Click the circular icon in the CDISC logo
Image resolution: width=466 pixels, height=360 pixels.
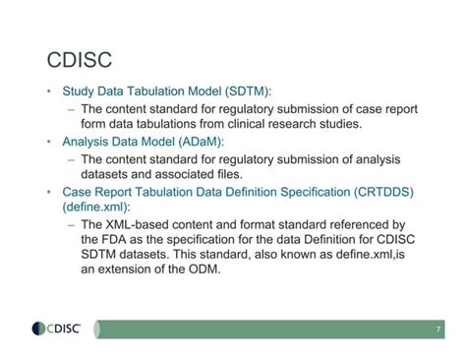tap(38, 328)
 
